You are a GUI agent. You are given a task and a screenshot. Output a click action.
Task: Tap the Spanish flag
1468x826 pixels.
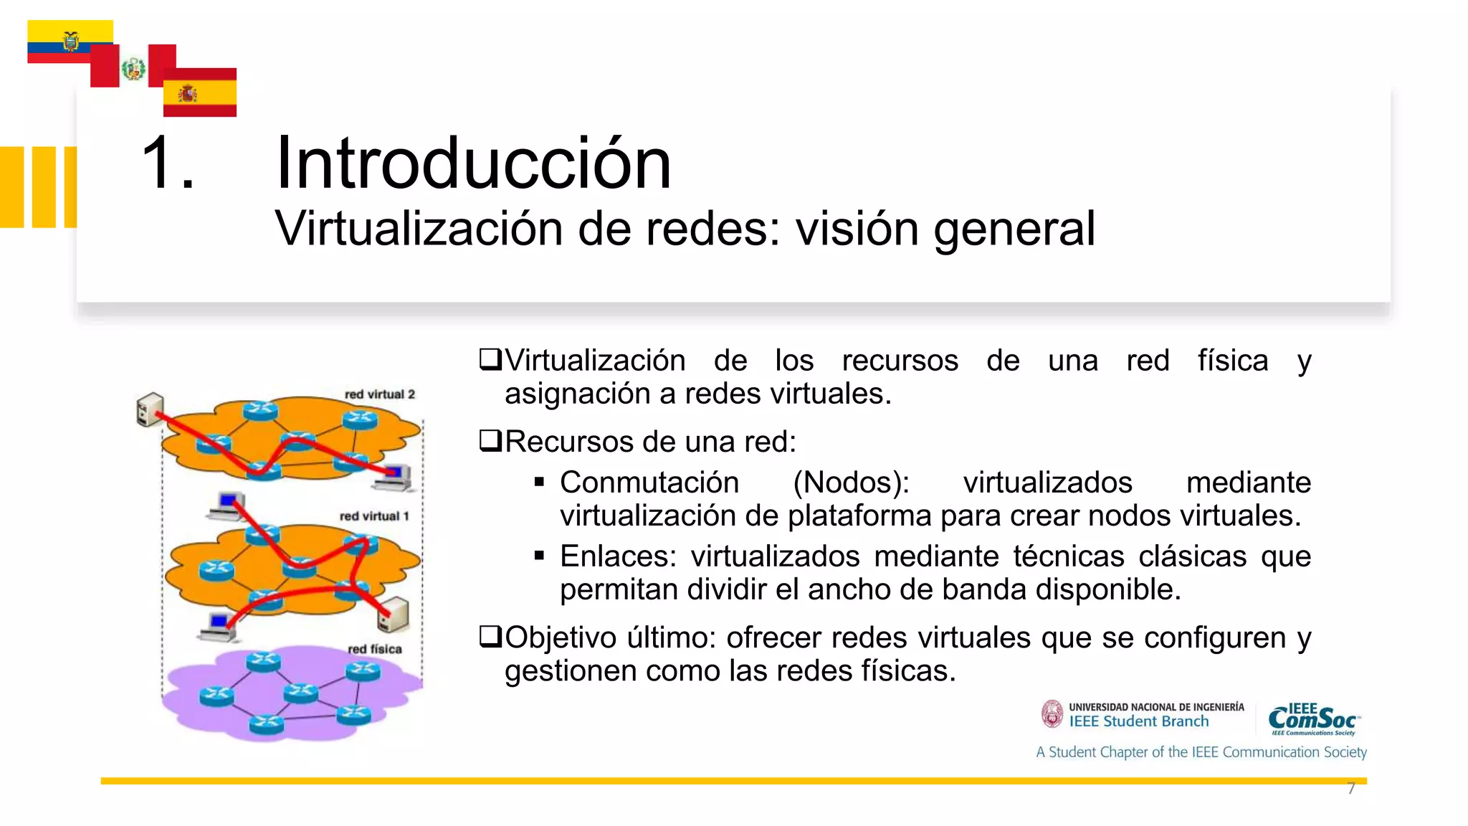pyautogui.click(x=199, y=92)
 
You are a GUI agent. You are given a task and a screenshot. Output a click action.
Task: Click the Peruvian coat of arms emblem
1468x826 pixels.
pyautogui.click(x=133, y=70)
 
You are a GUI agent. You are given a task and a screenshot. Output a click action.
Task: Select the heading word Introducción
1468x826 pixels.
pyautogui.click(x=473, y=163)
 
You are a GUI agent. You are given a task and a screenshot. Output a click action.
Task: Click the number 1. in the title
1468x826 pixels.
pyautogui.click(x=167, y=163)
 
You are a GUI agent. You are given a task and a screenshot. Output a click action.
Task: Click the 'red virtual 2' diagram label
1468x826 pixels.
pyautogui.click(x=379, y=394)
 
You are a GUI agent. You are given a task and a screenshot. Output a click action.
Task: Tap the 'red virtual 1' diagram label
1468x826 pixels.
pyautogui.click(x=373, y=516)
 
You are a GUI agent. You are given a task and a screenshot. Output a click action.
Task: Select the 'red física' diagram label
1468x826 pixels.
pyautogui.click(x=374, y=649)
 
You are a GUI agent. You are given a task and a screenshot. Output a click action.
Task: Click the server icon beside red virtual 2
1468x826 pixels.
pyautogui.click(x=150, y=409)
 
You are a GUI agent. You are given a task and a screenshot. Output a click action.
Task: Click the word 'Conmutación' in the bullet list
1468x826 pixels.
pyautogui.click(x=649, y=483)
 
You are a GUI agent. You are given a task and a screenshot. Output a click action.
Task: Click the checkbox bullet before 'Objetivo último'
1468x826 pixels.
pyautogui.click(x=490, y=636)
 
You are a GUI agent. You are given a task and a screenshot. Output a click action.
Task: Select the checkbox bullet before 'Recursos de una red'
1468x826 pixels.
pyautogui.click(x=490, y=440)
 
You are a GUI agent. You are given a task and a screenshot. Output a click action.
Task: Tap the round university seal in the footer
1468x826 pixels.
pyautogui.click(x=1052, y=714)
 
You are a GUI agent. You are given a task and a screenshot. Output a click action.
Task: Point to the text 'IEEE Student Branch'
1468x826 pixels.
pyautogui.click(x=1138, y=722)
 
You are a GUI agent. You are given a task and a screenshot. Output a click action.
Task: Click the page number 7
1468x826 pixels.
pyautogui.click(x=1351, y=789)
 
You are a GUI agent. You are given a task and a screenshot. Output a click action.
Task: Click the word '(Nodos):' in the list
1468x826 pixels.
pyautogui.click(x=851, y=483)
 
